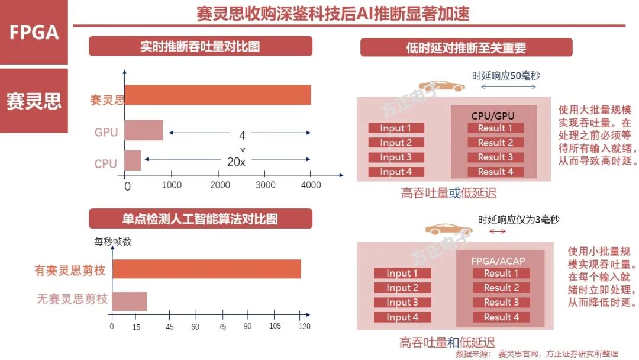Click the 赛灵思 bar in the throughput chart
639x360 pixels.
[x=218, y=95]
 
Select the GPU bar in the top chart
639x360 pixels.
[x=144, y=130]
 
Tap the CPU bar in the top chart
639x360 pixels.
[x=133, y=160]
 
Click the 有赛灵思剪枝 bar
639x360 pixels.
[x=206, y=269]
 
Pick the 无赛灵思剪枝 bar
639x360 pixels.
[x=130, y=301]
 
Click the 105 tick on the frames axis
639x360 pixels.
[x=275, y=326]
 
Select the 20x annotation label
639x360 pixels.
[x=237, y=161]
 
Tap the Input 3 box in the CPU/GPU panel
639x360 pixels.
[x=396, y=157]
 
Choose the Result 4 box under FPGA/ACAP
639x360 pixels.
[x=501, y=317]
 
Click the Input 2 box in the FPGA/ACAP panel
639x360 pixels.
[x=402, y=288]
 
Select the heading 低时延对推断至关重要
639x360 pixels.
[x=466, y=47]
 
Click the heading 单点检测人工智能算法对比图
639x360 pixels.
[x=200, y=218]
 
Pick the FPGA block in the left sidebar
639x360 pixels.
[x=34, y=33]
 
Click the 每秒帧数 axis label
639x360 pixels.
[x=113, y=241]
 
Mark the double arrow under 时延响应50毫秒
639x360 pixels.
[x=508, y=87]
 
